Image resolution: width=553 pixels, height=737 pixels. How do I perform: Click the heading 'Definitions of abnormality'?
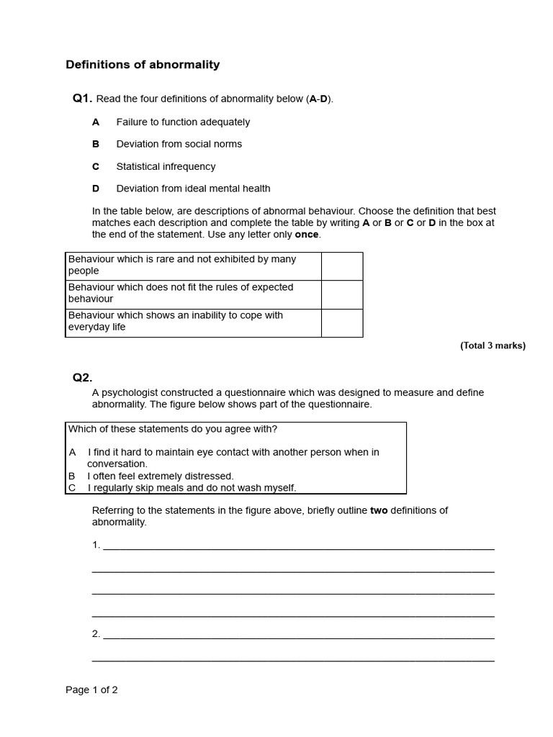coord(143,65)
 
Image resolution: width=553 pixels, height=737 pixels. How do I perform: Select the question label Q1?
coord(82,99)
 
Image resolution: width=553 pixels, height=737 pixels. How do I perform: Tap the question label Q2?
coord(82,377)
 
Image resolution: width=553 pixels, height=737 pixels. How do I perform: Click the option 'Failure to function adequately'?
coord(183,122)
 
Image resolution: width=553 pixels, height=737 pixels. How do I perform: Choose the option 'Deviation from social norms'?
coord(179,144)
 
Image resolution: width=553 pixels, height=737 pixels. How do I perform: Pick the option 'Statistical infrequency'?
coord(166,166)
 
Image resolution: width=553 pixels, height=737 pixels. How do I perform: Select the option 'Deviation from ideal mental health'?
coord(193,189)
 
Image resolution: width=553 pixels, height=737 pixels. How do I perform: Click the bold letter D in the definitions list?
coord(96,189)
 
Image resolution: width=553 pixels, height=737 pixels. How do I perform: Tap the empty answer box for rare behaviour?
coord(341,266)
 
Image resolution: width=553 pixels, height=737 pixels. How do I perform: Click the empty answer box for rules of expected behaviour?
coord(341,294)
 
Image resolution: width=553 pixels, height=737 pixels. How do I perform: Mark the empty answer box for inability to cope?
coord(341,322)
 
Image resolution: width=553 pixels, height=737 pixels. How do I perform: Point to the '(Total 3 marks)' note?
coord(493,345)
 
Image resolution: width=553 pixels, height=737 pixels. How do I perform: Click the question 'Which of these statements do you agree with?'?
coord(173,429)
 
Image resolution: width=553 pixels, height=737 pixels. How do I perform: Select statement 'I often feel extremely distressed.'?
coord(161,476)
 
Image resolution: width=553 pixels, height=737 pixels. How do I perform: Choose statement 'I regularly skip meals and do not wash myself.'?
coord(192,488)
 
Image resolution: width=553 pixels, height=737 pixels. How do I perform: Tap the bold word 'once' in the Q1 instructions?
coord(307,235)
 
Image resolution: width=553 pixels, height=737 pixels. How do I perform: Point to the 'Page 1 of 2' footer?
coord(91,689)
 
